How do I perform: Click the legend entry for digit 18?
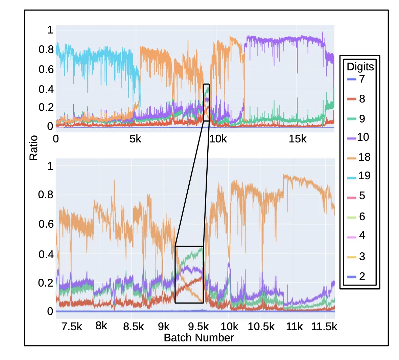(x=360, y=157)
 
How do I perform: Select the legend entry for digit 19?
(x=360, y=176)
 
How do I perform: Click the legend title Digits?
(x=360, y=67)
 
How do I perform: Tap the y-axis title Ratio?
(x=33, y=148)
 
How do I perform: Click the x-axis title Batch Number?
(x=198, y=338)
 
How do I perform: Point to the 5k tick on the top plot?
(x=135, y=139)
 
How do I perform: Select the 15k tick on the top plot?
(x=297, y=139)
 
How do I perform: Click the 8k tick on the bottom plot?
(x=101, y=326)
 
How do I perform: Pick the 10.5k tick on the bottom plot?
(x=261, y=327)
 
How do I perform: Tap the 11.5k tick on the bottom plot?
(x=324, y=327)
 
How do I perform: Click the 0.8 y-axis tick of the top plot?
(x=46, y=50)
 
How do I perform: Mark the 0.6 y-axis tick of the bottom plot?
(x=46, y=224)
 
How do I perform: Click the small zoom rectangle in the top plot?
(x=206, y=102)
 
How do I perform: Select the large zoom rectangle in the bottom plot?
(x=189, y=274)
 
